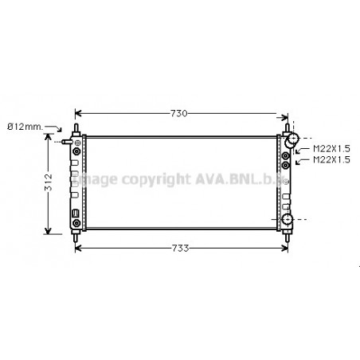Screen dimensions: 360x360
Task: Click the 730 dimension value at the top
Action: (x=179, y=114)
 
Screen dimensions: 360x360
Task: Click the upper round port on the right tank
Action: (x=293, y=140)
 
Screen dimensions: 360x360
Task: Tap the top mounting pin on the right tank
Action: (x=286, y=127)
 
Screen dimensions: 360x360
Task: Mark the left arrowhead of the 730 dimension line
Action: (x=78, y=114)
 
